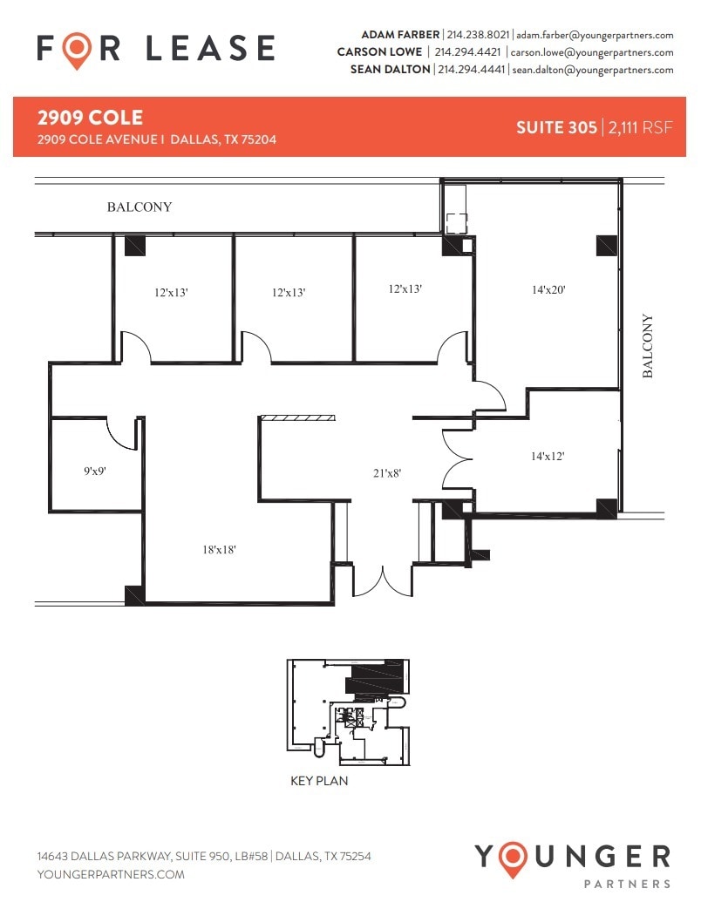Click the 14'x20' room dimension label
pyautogui.click(x=548, y=290)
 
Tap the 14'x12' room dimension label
pyautogui.click(x=548, y=455)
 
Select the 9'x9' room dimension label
pyautogui.click(x=95, y=471)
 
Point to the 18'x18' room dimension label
pyautogui.click(x=219, y=549)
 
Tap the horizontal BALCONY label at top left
pyautogui.click(x=140, y=207)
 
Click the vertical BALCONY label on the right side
pyautogui.click(x=648, y=346)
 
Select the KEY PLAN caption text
pyautogui.click(x=319, y=781)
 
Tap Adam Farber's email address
pyautogui.click(x=595, y=35)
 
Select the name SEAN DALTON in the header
pyautogui.click(x=391, y=70)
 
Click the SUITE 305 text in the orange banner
pyautogui.click(x=555, y=127)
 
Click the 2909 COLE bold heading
pyautogui.click(x=90, y=118)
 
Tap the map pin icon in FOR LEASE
pyautogui.click(x=78, y=50)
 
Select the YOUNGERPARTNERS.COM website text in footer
pyautogui.click(x=111, y=874)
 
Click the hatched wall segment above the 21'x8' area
pyautogui.click(x=298, y=419)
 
